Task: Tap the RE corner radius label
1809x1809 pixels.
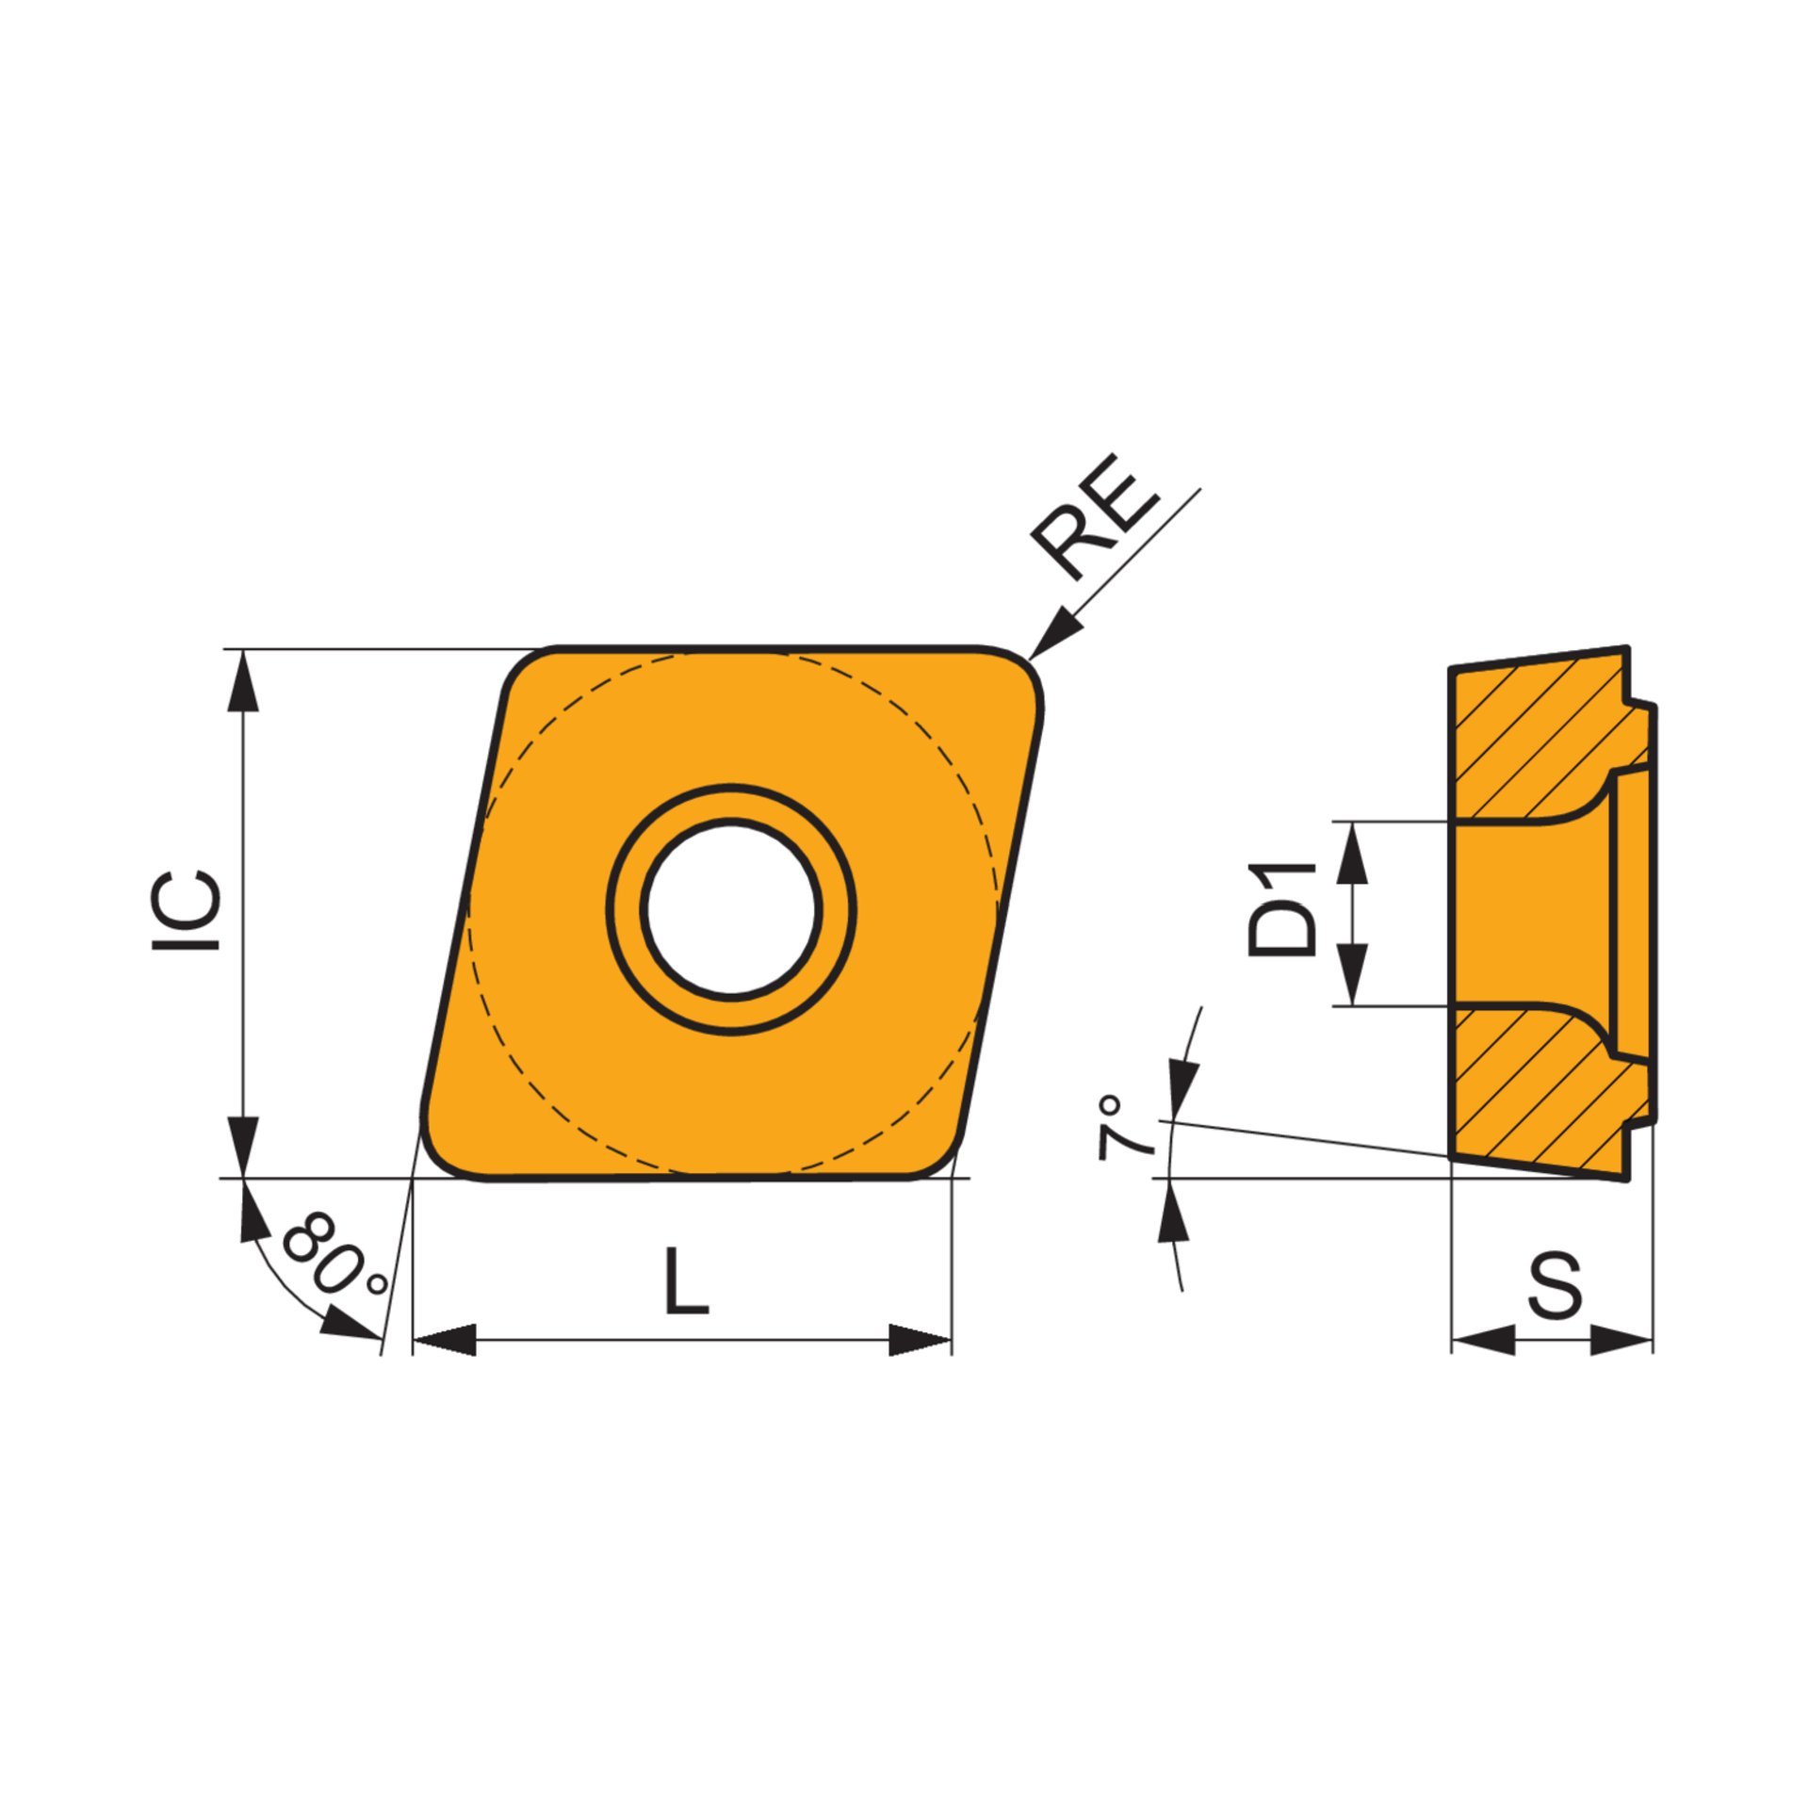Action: click(x=1094, y=515)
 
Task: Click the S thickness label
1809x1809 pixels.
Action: click(x=1555, y=1285)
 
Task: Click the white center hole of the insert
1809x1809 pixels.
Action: click(x=732, y=907)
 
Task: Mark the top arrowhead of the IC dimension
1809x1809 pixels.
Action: click(x=244, y=679)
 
